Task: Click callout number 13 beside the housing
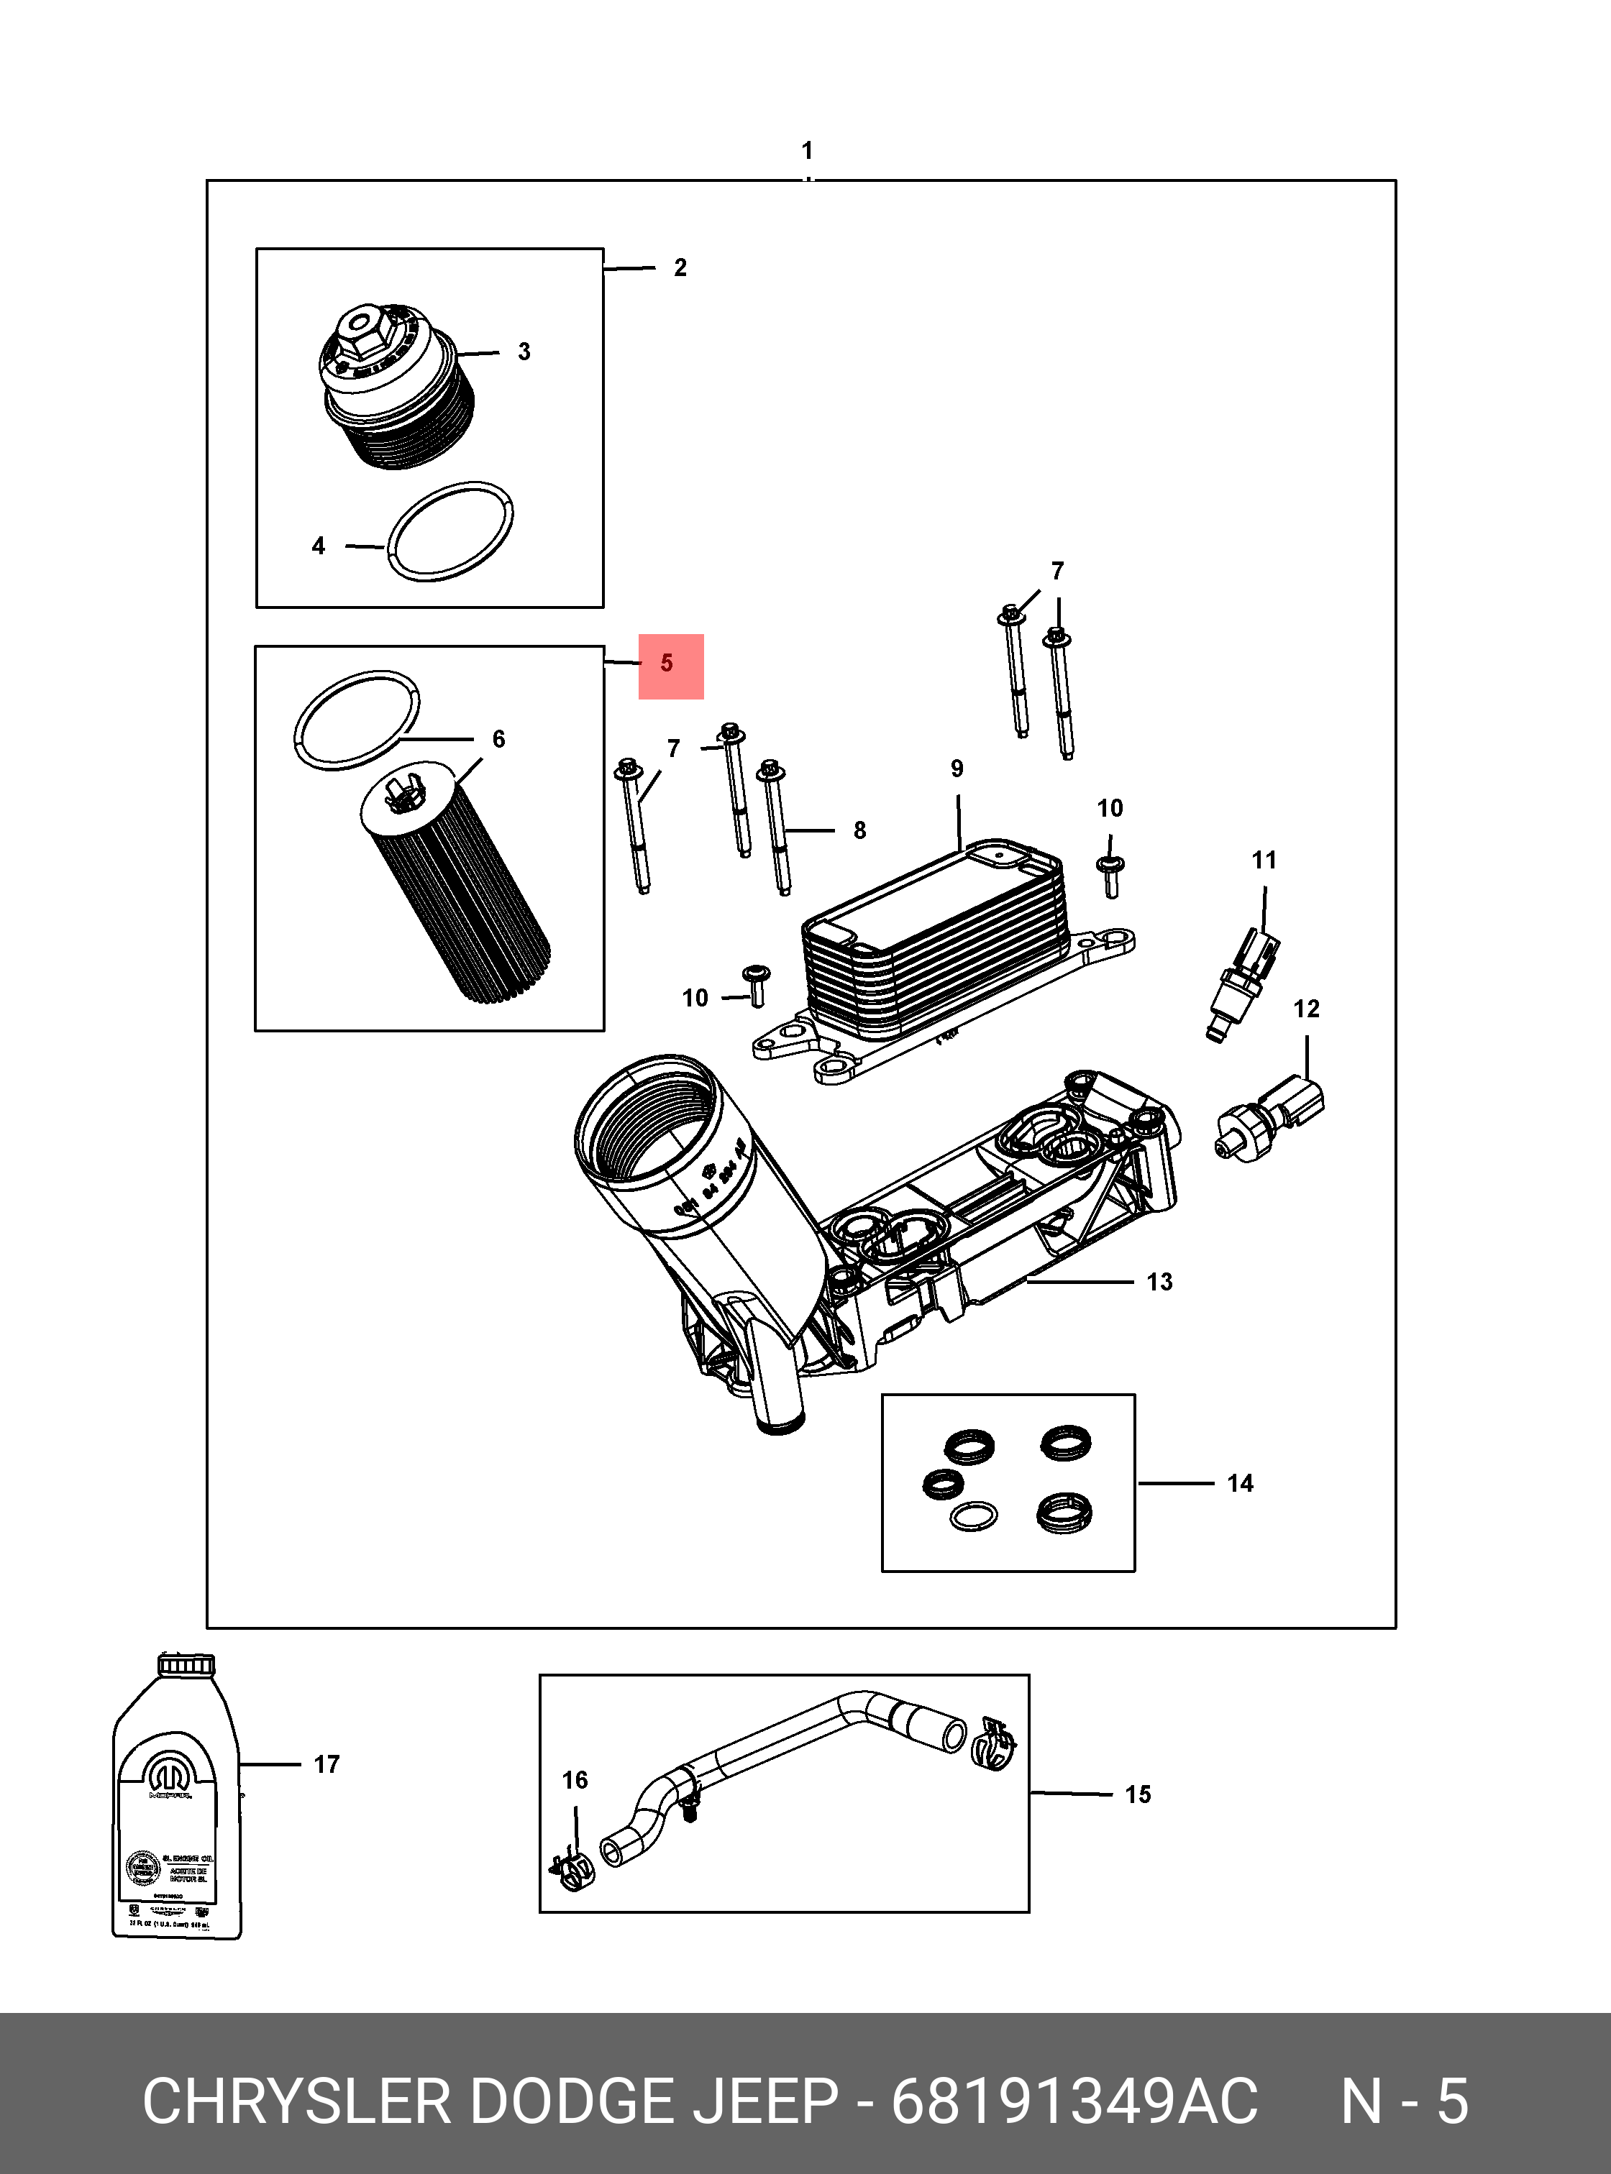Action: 1159,1282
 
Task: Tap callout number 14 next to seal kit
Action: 1239,1484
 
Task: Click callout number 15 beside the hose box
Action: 1137,1794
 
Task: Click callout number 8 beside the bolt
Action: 859,830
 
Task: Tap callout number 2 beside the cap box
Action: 680,267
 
